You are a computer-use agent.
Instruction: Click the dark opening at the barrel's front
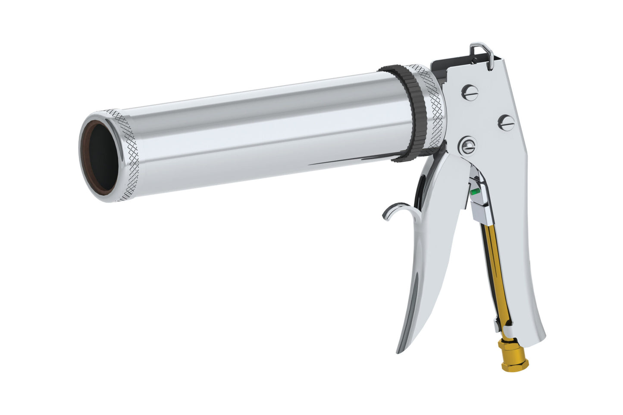(x=103, y=157)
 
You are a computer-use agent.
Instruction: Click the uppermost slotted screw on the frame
(x=470, y=93)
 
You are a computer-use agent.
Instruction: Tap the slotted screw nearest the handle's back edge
(x=507, y=123)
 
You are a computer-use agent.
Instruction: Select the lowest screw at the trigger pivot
(x=467, y=146)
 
